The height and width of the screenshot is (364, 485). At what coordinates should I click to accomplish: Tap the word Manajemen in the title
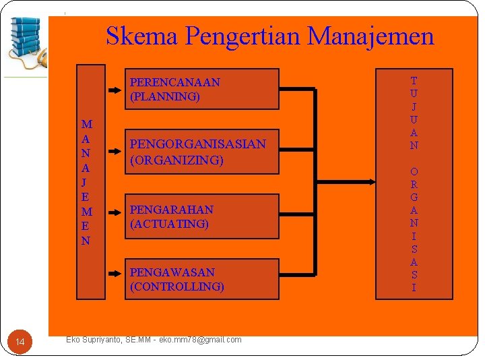click(370, 36)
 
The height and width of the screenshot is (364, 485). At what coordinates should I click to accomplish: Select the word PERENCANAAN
click(174, 82)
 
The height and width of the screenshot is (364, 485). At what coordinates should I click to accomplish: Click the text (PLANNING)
click(165, 96)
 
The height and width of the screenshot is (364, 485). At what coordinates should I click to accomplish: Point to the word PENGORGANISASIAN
click(197, 144)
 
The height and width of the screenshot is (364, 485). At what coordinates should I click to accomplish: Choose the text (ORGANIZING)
click(176, 160)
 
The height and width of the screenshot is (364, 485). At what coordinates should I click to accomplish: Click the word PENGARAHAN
click(171, 210)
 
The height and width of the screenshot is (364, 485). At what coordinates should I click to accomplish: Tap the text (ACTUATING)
click(169, 224)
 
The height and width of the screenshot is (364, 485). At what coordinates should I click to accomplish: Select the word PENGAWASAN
click(172, 272)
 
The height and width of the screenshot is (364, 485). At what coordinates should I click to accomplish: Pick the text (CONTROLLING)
click(176, 286)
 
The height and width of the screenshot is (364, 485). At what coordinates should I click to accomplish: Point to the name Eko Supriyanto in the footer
click(94, 340)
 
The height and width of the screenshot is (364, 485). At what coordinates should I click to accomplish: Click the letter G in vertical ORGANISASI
click(414, 197)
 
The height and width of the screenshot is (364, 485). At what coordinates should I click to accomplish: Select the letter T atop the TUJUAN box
click(414, 81)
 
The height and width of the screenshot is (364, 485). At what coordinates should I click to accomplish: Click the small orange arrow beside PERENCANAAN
click(115, 88)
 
